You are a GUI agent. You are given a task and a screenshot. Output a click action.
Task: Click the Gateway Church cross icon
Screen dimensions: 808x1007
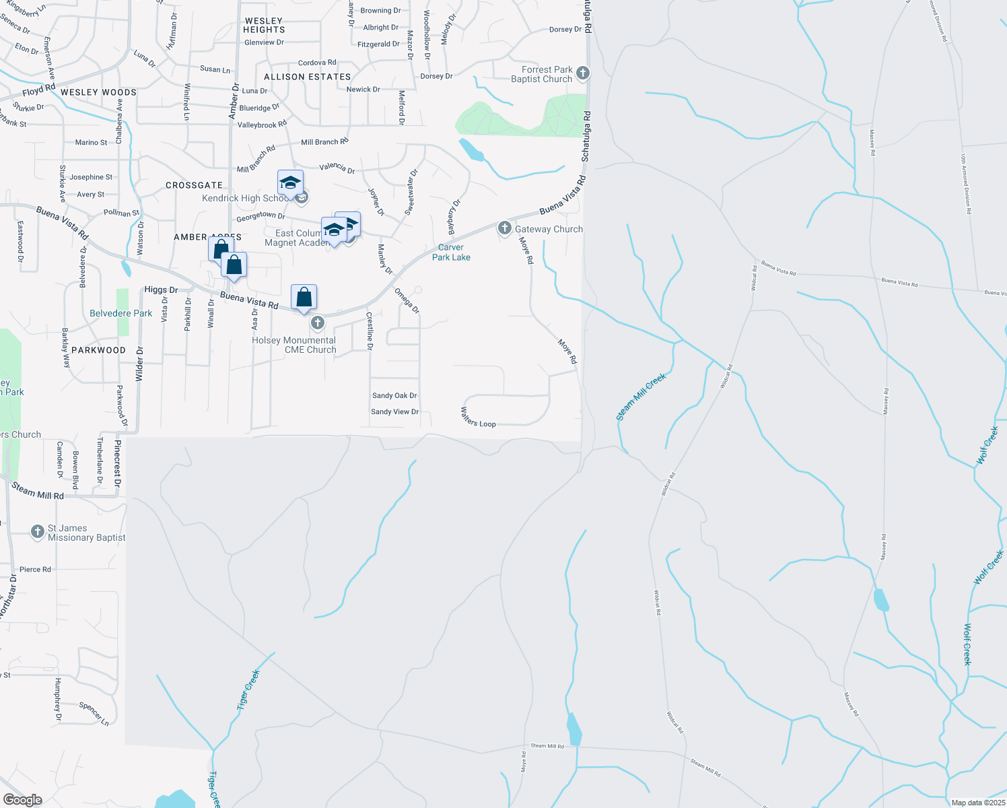pos(504,229)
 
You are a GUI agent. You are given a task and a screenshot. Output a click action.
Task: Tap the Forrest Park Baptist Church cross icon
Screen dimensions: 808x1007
pos(583,73)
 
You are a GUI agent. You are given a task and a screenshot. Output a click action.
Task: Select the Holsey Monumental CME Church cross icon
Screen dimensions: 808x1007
pos(318,323)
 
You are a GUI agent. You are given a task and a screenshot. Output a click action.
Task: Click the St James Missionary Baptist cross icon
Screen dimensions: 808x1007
pos(38,532)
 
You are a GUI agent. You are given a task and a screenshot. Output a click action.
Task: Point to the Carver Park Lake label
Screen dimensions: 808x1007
pos(451,252)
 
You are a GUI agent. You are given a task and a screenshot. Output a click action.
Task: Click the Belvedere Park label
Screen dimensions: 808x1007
pos(121,313)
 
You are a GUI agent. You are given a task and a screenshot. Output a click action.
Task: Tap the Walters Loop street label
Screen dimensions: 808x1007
pos(478,417)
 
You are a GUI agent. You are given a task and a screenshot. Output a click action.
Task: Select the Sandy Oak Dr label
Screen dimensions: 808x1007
pos(394,396)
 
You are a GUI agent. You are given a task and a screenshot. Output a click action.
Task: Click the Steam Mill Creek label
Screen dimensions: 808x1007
pos(641,397)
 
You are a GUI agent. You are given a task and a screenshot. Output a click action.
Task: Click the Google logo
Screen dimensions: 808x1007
pos(22,800)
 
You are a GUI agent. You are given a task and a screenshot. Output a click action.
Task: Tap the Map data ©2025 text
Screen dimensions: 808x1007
pos(978,803)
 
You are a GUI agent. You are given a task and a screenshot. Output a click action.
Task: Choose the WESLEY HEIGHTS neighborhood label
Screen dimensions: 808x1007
pos(264,26)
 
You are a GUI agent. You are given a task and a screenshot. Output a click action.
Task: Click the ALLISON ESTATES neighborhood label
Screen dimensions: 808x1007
pos(307,77)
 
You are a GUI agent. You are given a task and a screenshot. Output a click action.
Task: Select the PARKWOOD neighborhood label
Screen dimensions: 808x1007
pos(98,350)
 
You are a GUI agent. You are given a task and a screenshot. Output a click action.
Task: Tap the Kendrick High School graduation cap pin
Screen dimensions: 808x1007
pos(290,183)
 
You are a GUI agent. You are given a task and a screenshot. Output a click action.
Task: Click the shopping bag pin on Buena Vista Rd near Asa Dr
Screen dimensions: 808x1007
pos(304,297)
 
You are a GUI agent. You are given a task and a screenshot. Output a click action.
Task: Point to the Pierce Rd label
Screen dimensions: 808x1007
pos(35,570)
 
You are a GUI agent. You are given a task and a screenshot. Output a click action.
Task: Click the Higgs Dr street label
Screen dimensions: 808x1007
pos(161,290)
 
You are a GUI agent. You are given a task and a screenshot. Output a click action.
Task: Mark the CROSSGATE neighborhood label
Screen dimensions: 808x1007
pos(194,185)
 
